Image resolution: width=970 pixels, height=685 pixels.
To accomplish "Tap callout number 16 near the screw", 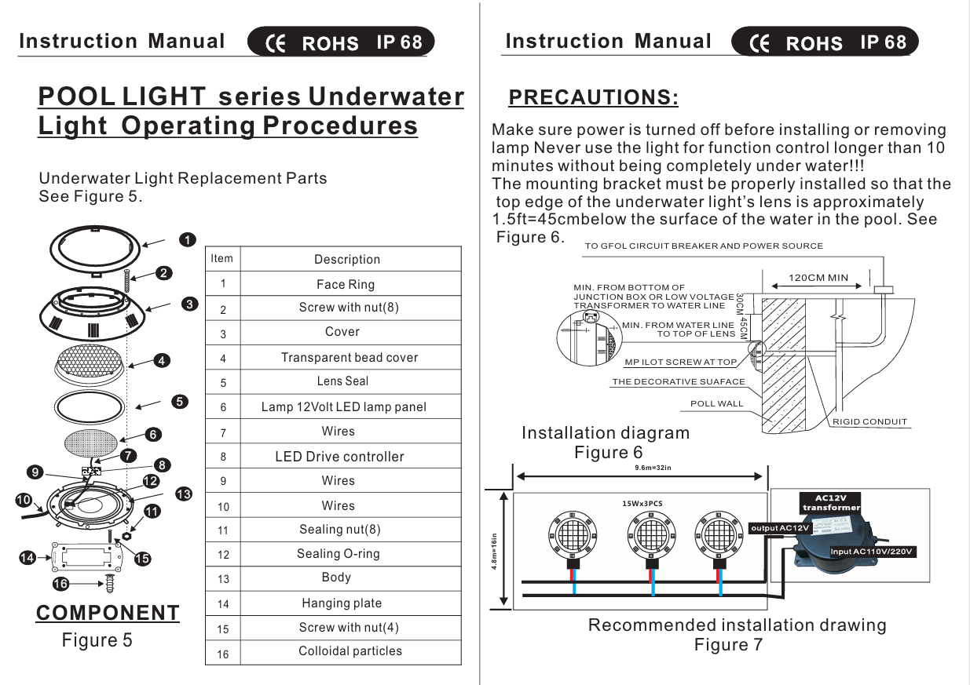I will point(60,583).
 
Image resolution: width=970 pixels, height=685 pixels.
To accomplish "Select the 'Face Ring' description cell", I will point(346,284).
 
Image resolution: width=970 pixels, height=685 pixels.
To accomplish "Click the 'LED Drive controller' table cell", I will point(339,456).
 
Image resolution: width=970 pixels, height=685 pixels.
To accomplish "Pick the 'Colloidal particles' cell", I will point(350,650).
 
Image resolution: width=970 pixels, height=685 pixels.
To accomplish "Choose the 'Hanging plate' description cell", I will point(342,603).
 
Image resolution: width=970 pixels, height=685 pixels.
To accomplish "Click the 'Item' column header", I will point(222,258).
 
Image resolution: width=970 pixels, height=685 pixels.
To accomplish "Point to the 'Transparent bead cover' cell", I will point(350,357).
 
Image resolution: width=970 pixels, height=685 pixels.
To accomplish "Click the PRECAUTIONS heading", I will point(593,97).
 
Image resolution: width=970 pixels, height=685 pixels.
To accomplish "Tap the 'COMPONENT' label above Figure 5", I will point(108,612).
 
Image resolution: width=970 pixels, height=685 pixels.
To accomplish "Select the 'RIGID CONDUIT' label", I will point(870,421).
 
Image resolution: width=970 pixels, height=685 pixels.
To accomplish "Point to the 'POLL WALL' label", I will point(716,403).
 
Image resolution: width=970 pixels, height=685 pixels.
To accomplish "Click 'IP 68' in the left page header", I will point(399,42).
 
